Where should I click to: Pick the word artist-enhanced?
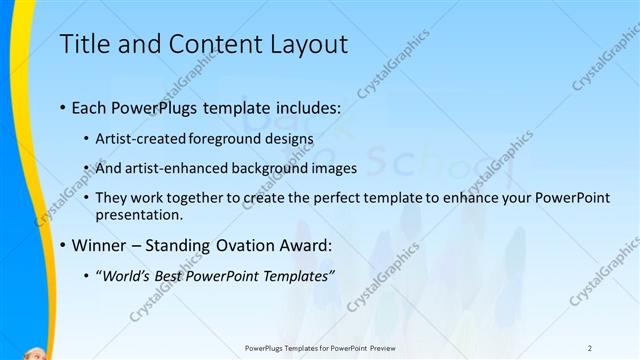pyautogui.click(x=175, y=168)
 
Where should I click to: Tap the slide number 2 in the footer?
pyautogui.click(x=589, y=347)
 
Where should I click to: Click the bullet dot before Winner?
pyautogui.click(x=63, y=245)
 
